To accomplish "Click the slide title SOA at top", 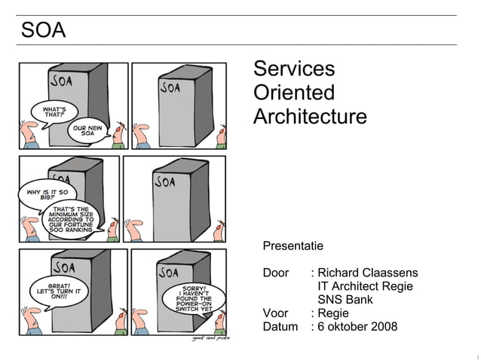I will [x=43, y=31].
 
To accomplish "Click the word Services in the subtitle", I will [x=294, y=69].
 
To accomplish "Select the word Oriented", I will [x=294, y=93].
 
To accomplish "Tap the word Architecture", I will [x=310, y=117].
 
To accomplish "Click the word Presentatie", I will [x=293, y=246].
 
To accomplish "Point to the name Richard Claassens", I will [x=368, y=273].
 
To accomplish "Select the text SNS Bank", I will [x=345, y=300].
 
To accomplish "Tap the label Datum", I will [x=280, y=327].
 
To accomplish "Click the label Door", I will [x=276, y=273].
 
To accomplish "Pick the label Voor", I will [x=276, y=313].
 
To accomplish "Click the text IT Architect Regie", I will [x=366, y=286].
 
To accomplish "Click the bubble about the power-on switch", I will [x=195, y=298].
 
